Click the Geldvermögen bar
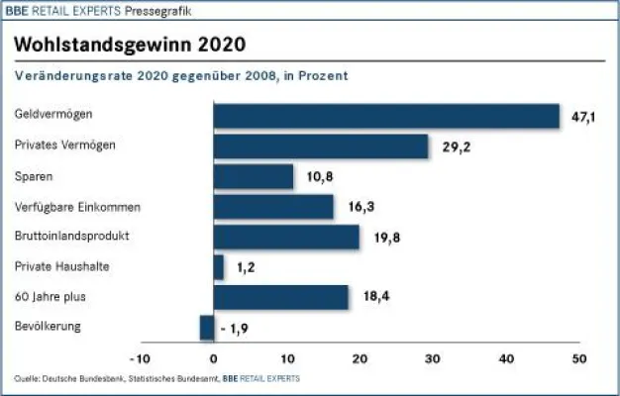(386, 116)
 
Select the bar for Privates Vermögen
(321, 147)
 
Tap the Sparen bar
(254, 176)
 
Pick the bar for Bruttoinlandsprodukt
(286, 237)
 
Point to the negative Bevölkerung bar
(207, 327)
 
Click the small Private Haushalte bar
(219, 266)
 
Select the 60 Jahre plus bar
(281, 297)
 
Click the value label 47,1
(584, 117)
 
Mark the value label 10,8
(319, 178)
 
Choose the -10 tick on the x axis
(139, 358)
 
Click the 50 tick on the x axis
(579, 358)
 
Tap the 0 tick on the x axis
(214, 358)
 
